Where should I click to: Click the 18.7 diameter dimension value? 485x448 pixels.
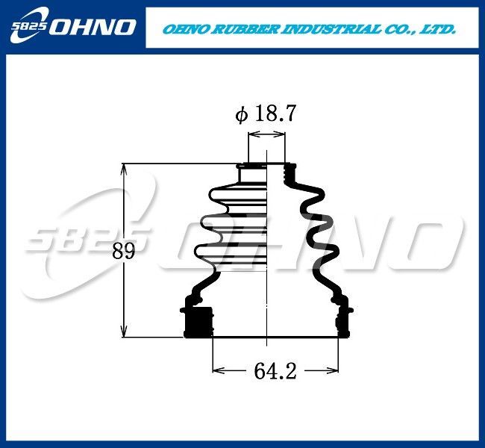tap(275, 113)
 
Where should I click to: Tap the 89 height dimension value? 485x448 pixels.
tap(124, 251)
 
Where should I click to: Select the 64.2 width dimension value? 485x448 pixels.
tap(275, 371)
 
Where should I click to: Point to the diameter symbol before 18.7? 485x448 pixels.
tap(242, 114)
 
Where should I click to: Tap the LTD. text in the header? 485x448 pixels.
tap(438, 29)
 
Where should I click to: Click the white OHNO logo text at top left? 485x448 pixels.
tap(93, 27)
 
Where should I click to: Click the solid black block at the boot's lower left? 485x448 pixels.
tap(198, 322)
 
